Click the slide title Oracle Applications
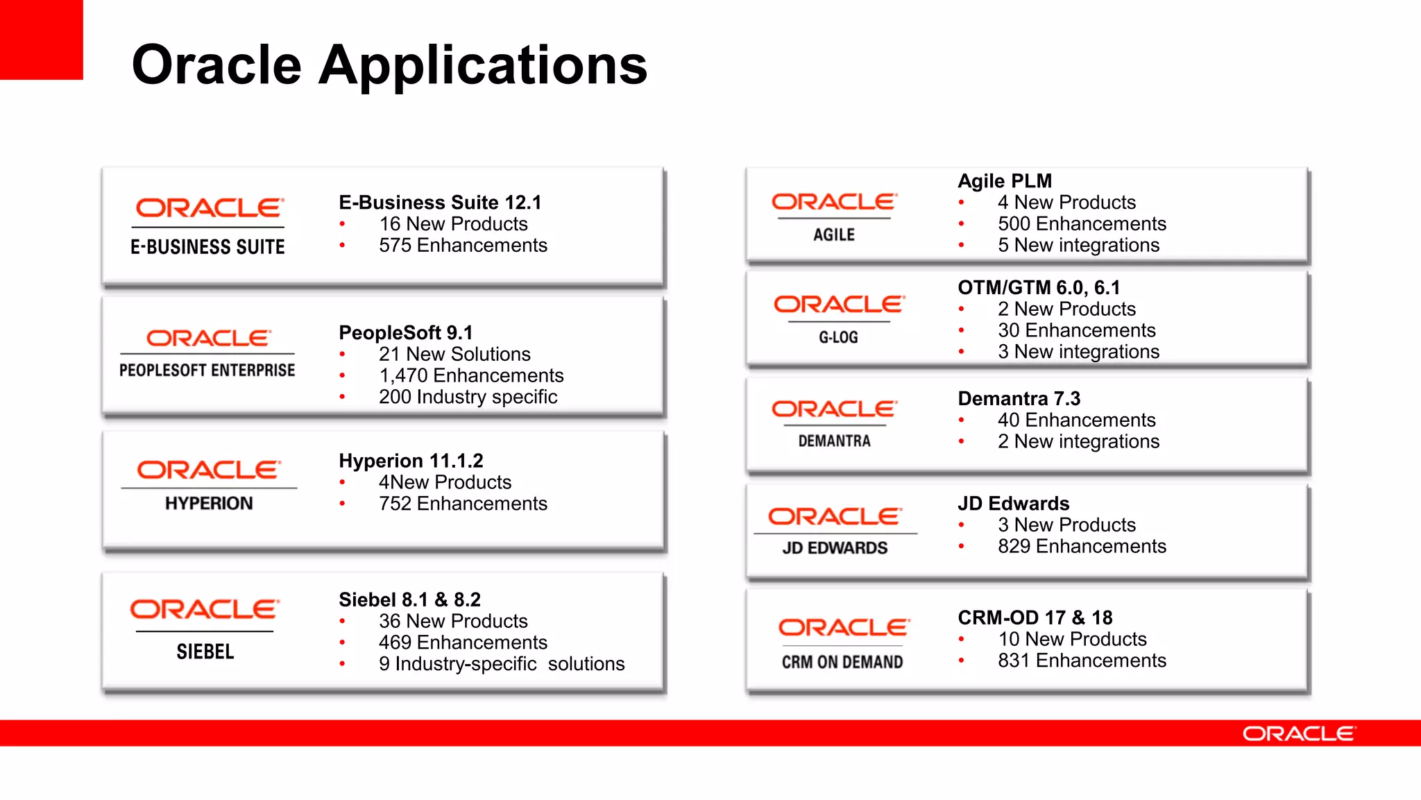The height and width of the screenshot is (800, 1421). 389,65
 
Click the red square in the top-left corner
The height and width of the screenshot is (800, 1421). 41,39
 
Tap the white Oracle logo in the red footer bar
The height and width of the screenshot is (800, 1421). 1298,733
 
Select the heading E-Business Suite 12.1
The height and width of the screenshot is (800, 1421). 440,203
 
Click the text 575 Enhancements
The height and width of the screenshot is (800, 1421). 463,246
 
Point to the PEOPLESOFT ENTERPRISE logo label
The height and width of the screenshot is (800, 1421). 207,371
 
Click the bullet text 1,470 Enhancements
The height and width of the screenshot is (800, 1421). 471,375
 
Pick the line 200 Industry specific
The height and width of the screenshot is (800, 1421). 468,397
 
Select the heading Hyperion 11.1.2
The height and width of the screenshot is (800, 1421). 411,461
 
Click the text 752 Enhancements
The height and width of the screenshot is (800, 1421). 463,504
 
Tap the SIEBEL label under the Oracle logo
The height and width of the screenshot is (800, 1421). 205,652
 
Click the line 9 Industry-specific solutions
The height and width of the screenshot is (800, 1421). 501,664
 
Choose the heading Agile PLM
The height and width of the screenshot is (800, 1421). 1005,181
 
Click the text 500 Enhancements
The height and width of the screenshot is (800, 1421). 1082,224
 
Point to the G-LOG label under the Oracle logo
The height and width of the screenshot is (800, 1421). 838,338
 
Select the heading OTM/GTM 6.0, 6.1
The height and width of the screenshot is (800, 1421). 1039,287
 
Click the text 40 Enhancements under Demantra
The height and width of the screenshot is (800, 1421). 1076,420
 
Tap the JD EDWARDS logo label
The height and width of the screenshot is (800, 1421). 835,548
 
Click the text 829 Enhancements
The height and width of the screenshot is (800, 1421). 1082,546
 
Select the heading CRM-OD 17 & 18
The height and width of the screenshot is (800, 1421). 1035,618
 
